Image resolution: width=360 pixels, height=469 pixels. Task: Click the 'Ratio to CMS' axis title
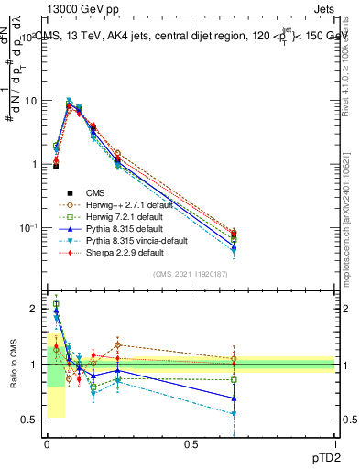click(13, 365)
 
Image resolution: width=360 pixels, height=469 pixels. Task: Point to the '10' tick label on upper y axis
click(31, 101)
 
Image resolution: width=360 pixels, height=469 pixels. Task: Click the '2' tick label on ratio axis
click(34, 309)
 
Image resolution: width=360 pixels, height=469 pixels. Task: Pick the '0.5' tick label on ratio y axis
click(29, 420)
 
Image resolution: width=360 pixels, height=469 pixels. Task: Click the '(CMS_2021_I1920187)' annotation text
click(190, 275)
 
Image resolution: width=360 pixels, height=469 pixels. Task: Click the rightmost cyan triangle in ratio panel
click(235, 414)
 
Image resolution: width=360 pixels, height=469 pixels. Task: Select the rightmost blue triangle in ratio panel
click(235, 398)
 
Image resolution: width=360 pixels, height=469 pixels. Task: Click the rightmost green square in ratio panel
click(235, 379)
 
